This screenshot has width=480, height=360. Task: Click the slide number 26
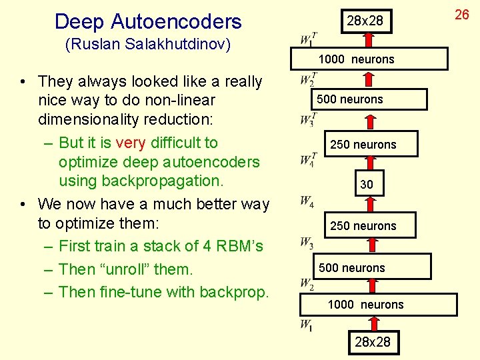462,14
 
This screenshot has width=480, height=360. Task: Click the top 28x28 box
365,21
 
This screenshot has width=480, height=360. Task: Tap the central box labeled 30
367,184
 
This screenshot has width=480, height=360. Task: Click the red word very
130,143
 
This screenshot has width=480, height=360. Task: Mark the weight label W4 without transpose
307,201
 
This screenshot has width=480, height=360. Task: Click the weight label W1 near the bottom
306,325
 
